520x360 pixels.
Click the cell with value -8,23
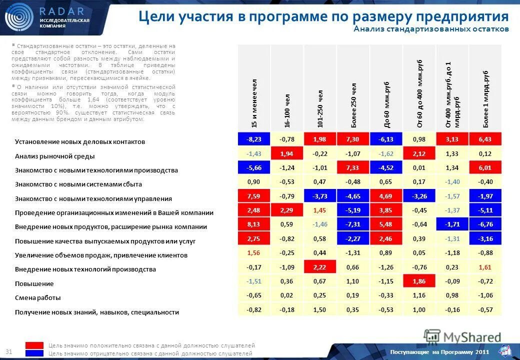pos(253,138)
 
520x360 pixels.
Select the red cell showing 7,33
pos(353,167)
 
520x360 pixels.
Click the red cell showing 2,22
pos(320,267)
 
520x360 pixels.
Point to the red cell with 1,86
pos(419,281)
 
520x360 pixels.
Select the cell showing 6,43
pos(485,138)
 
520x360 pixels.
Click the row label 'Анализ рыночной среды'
pos(55,156)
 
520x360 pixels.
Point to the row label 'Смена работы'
pos(38,298)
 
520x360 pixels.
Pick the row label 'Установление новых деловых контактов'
pos(80,141)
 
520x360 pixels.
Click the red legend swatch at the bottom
pos(34,345)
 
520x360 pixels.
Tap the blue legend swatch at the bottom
pos(34,353)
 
